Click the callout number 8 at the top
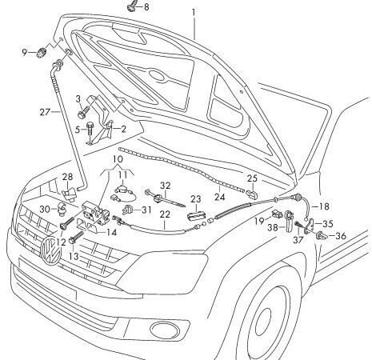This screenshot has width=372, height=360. pos(146,7)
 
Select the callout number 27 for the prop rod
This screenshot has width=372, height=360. pos(45,112)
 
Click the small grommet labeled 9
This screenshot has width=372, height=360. pos(42,52)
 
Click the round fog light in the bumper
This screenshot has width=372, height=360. pos(164,329)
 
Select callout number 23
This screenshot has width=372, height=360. pos(195,199)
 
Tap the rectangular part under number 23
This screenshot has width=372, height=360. pos(196,215)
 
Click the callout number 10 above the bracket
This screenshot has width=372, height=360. pos(118,159)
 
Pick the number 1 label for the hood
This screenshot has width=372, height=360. pos(194,13)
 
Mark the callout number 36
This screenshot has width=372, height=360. pos(341,236)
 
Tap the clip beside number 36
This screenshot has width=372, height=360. pos(322,236)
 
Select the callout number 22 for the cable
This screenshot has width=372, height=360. pos(165,214)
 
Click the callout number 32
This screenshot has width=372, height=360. pos(165,186)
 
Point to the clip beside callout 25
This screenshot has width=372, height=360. pos(252,194)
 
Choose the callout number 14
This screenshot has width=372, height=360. pos(112,232)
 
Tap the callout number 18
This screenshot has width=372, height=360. pos(324,206)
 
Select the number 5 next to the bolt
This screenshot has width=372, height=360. pos(78,130)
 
